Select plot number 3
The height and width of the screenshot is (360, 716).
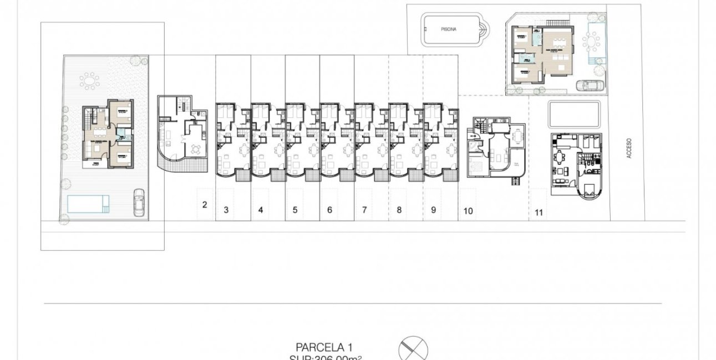click(226, 210)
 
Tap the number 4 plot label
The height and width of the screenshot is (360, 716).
click(260, 210)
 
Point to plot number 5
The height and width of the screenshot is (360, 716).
click(295, 210)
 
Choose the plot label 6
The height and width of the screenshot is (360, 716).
click(329, 210)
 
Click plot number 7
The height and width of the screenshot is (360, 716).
click(364, 210)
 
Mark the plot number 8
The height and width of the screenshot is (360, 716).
click(399, 210)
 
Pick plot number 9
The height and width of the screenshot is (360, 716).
click(433, 210)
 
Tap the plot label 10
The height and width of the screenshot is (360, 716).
click(468, 211)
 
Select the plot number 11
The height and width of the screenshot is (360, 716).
click(539, 212)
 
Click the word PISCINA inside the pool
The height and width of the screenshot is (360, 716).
click(449, 30)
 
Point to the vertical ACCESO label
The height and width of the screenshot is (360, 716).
click(629, 148)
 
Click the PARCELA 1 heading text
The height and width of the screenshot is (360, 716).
click(324, 348)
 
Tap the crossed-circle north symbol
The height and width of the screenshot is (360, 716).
click(414, 349)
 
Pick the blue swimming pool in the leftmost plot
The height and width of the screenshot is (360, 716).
click(86, 204)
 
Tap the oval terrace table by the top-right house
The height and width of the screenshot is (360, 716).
click(593, 41)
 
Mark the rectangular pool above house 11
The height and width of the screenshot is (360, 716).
click(574, 114)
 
